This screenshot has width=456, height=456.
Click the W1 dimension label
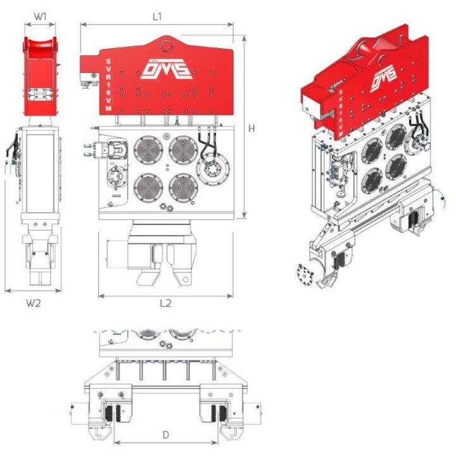coord(40,16)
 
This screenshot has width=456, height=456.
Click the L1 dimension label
coord(157,16)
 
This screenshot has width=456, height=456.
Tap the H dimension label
coord(251,128)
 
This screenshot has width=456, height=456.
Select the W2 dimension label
coord(34,303)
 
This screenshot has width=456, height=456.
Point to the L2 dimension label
coord(165,303)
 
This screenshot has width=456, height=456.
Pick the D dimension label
coord(165,435)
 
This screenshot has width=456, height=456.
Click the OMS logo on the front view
coord(165,69)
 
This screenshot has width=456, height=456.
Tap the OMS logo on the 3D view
coord(384,78)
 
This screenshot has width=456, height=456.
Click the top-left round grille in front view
coord(148,150)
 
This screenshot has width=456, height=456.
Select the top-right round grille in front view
coord(184,150)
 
